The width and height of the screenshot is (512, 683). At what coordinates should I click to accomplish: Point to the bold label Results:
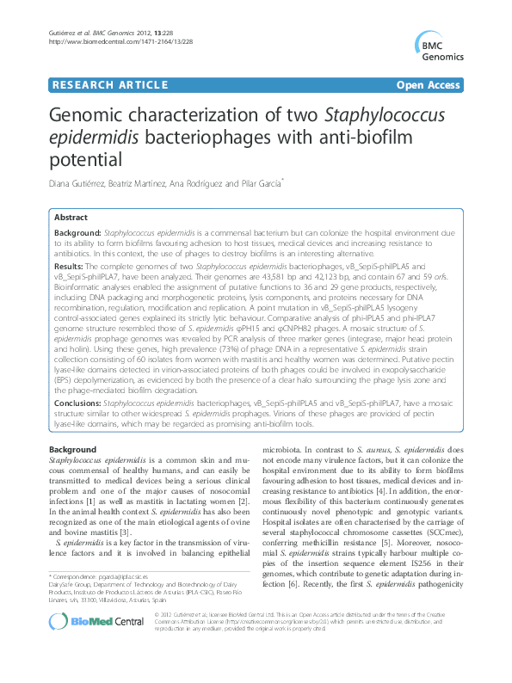69,268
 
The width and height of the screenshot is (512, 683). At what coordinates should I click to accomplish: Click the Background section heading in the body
72,450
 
